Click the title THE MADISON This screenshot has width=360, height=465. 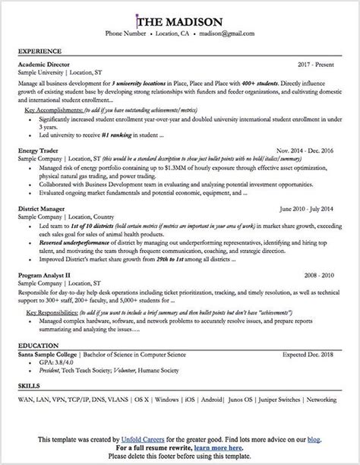180,21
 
